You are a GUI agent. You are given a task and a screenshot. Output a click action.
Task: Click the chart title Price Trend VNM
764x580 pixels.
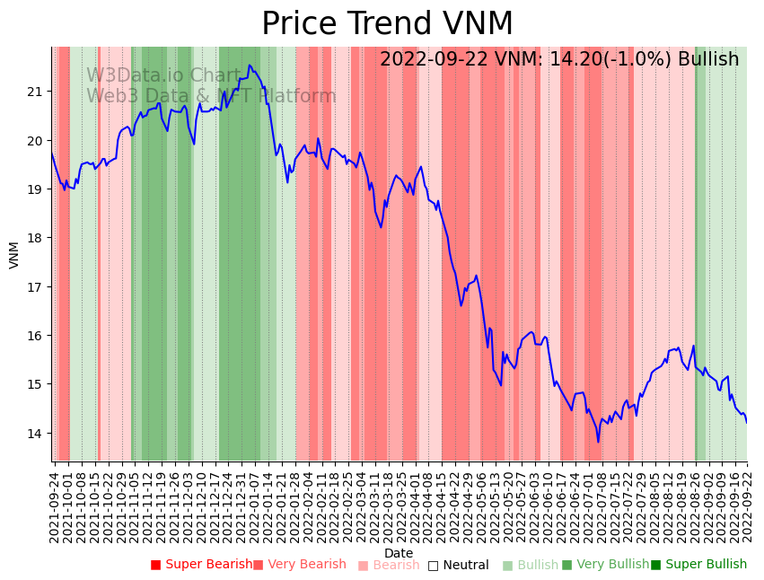point(387,24)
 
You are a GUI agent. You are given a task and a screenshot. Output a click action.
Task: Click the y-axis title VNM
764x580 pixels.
point(14,254)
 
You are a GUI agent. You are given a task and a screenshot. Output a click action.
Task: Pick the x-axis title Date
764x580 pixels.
point(399,553)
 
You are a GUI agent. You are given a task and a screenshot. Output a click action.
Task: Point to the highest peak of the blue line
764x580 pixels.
point(250,65)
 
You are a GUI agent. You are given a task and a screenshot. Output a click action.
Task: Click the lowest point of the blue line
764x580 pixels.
point(598,442)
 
